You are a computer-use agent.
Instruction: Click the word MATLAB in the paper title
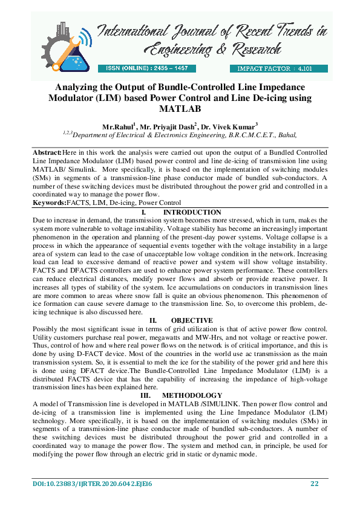179,109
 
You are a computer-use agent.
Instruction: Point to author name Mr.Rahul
118,127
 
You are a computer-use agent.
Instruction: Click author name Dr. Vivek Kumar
230,127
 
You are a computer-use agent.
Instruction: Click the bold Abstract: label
47,154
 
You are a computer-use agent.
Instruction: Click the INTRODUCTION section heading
192,213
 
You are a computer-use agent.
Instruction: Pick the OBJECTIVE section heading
191,320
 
